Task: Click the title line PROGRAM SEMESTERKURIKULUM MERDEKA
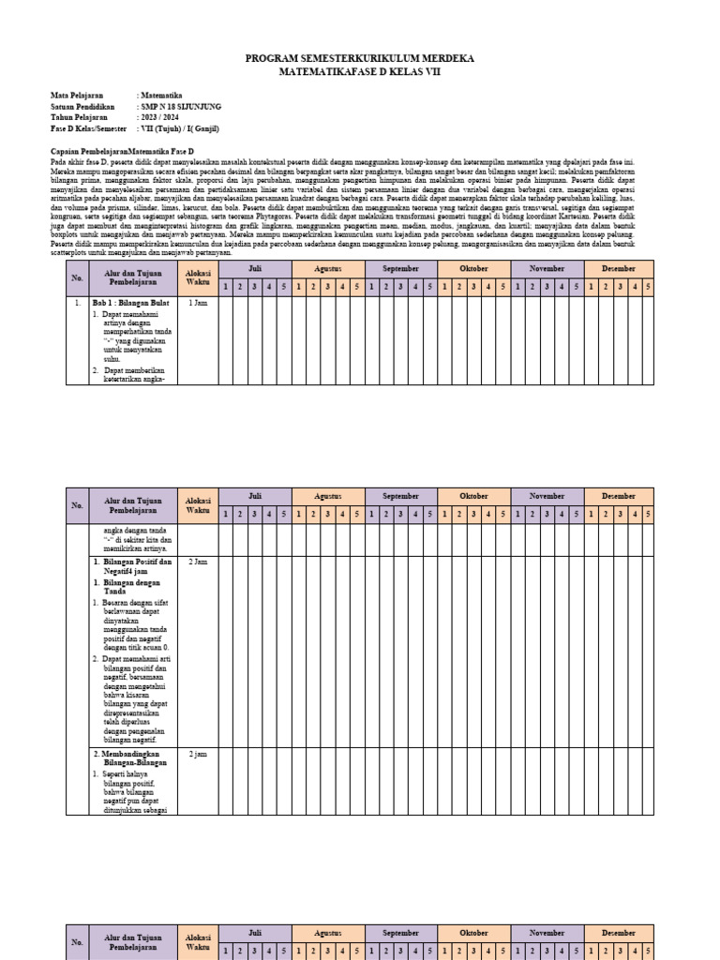click(359, 58)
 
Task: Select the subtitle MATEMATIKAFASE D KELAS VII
click(359, 71)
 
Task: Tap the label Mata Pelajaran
click(77, 96)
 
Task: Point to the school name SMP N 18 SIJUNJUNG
click(187, 107)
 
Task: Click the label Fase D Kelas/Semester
click(89, 129)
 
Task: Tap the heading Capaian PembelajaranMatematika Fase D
click(121, 151)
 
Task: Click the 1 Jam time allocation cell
click(198, 304)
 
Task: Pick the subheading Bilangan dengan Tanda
click(132, 587)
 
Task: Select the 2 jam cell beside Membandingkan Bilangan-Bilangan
click(198, 754)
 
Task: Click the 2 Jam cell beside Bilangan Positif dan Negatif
click(198, 562)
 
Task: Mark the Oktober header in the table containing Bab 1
click(474, 268)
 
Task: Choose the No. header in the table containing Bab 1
click(77, 277)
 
